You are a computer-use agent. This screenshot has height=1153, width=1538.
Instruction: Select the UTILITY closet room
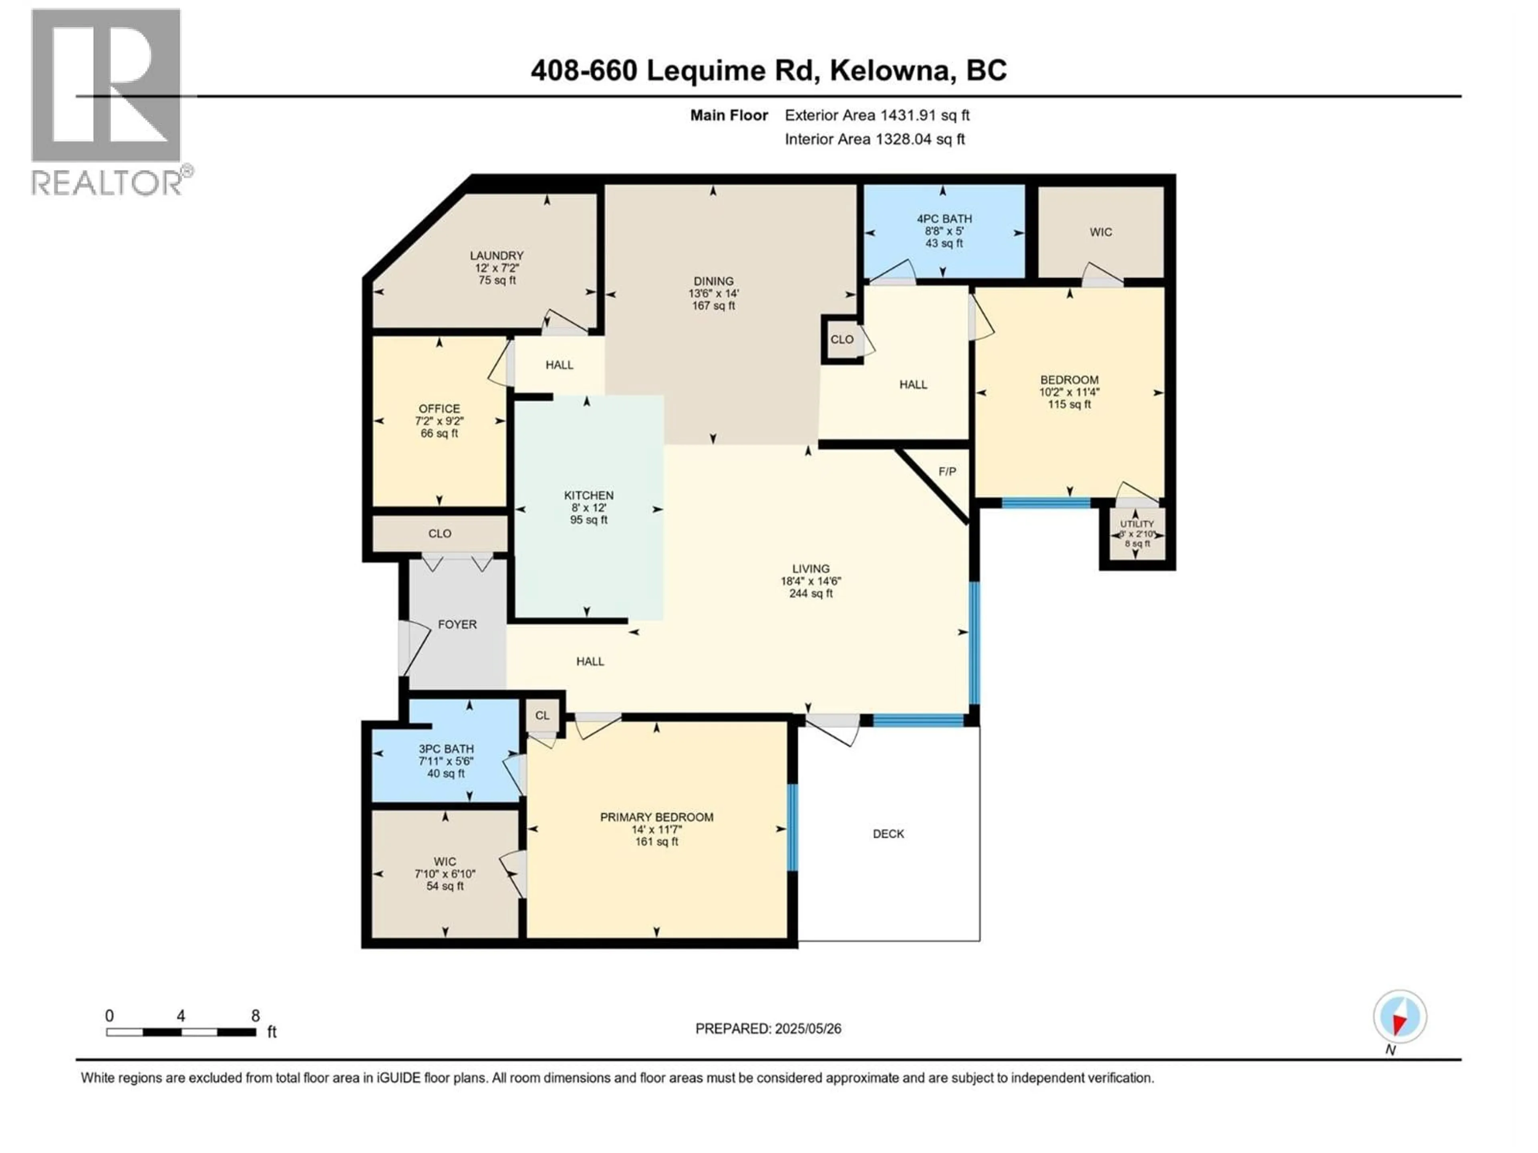tap(1137, 534)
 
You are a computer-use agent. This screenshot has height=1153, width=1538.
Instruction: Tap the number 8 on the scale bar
tap(255, 1015)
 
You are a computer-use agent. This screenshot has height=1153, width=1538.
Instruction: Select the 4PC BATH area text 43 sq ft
tap(944, 244)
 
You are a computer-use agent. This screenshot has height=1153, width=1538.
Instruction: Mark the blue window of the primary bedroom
tap(792, 827)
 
